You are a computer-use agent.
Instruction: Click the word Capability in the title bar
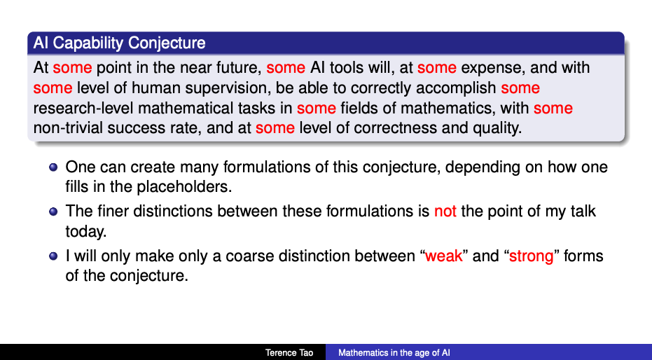pyautogui.click(x=88, y=43)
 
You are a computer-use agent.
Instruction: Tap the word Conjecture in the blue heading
pyautogui.click(x=167, y=43)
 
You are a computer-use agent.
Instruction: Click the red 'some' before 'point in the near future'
pyautogui.click(x=72, y=67)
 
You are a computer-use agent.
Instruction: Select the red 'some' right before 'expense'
pyautogui.click(x=437, y=67)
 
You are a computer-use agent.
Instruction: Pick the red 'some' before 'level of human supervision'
pyautogui.click(x=53, y=88)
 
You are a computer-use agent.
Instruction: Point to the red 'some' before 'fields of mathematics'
pyautogui.click(x=317, y=108)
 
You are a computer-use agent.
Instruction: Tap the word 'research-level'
pyautogui.click(x=83, y=108)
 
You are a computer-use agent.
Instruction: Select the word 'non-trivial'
pyautogui.click(x=68, y=127)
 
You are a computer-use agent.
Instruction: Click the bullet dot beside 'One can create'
pyautogui.click(x=53, y=167)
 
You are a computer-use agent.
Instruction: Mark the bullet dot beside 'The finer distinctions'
pyautogui.click(x=53, y=212)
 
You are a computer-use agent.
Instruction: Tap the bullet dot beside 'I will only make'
pyautogui.click(x=53, y=256)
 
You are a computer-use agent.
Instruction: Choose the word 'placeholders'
pyautogui.click(x=183, y=187)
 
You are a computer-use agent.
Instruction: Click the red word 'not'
pyautogui.click(x=445, y=212)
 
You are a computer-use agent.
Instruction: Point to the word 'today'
pyautogui.click(x=85, y=232)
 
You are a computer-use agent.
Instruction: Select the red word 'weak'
pyautogui.click(x=444, y=256)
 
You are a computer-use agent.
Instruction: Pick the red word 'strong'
pyautogui.click(x=532, y=256)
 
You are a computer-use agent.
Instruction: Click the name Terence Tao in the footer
pyautogui.click(x=289, y=353)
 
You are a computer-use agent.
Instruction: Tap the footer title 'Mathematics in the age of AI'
pyautogui.click(x=394, y=353)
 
